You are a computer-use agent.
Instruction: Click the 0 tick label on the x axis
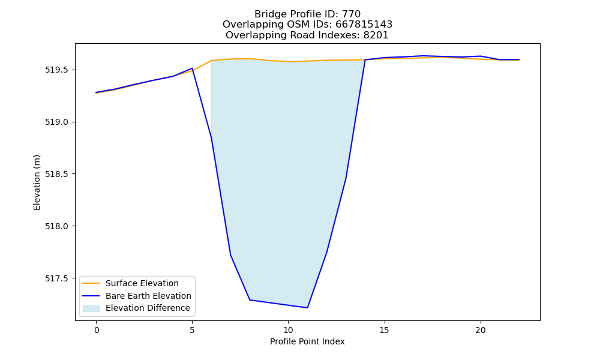pyautogui.click(x=97, y=330)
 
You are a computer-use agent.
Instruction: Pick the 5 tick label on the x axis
pyautogui.click(x=192, y=330)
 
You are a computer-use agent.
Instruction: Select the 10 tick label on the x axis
pyautogui.click(x=288, y=330)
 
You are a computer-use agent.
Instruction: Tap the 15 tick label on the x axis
pyautogui.click(x=384, y=330)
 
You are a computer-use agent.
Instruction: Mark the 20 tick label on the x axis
pyautogui.click(x=480, y=330)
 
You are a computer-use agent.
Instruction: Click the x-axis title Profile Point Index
pyautogui.click(x=307, y=341)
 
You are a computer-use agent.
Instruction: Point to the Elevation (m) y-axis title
pyautogui.click(x=37, y=182)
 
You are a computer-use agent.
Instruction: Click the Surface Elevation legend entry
pyautogui.click(x=142, y=283)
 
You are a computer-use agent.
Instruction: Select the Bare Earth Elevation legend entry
pyautogui.click(x=148, y=296)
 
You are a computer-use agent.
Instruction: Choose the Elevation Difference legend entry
pyautogui.click(x=148, y=308)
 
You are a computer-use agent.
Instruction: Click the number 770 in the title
pyautogui.click(x=351, y=14)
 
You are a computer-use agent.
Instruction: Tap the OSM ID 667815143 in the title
pyautogui.click(x=364, y=25)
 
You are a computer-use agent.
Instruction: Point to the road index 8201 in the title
pyautogui.click(x=376, y=35)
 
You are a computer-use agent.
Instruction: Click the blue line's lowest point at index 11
pyautogui.click(x=307, y=308)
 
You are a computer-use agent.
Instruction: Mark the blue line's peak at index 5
pyautogui.click(x=192, y=68)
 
